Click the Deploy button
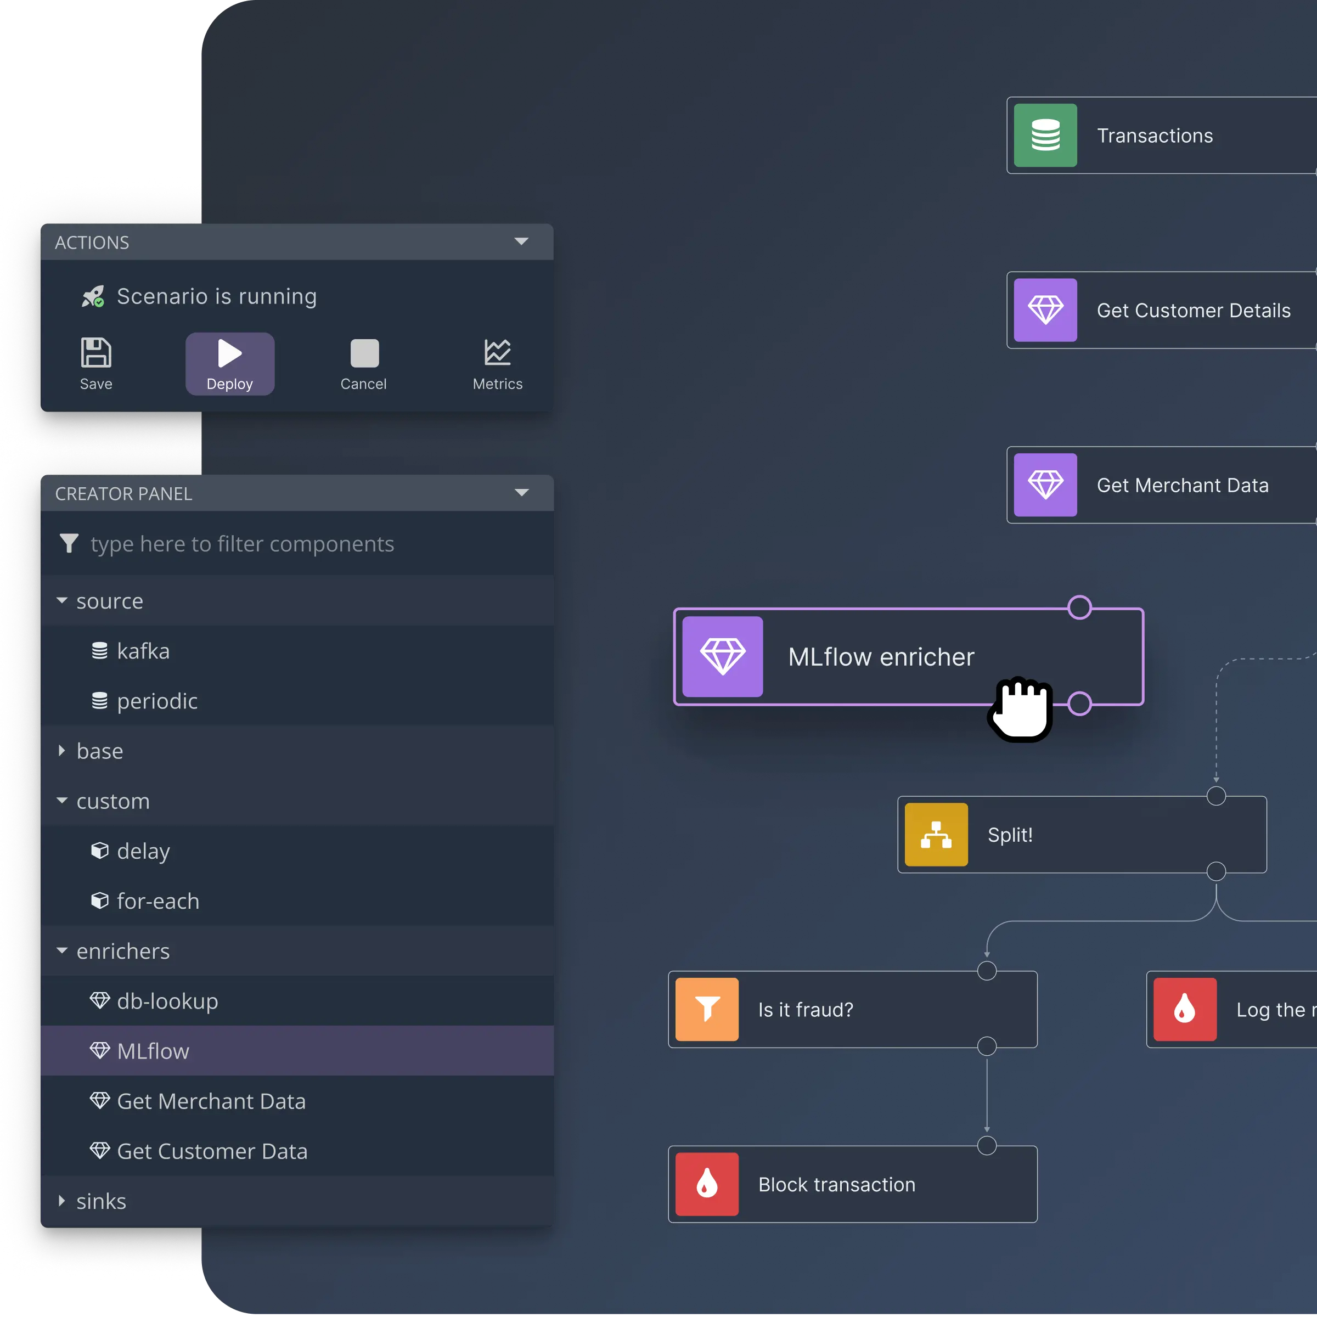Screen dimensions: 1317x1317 (230, 364)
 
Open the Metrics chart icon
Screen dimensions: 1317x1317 (498, 352)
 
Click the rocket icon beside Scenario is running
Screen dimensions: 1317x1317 (93, 296)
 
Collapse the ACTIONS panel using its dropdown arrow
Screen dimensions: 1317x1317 (521, 241)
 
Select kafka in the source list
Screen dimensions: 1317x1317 (143, 651)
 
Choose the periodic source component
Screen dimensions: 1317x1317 (157, 701)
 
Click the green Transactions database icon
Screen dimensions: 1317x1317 (1045, 135)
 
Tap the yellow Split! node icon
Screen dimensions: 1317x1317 (936, 834)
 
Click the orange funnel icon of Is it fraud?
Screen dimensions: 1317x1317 (707, 1010)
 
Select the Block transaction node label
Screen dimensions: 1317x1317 (836, 1185)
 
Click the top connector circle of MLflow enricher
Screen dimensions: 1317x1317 (1079, 607)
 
